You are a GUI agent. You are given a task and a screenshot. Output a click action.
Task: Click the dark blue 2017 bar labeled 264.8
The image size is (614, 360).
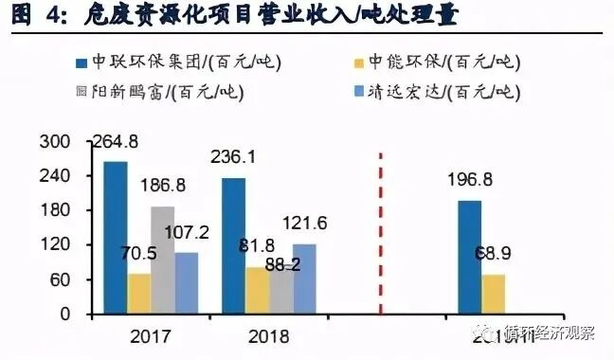coord(116,237)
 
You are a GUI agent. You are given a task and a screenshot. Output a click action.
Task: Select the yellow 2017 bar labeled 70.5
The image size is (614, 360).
coord(139,293)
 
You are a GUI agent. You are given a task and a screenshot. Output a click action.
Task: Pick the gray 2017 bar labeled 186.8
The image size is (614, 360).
coord(163,260)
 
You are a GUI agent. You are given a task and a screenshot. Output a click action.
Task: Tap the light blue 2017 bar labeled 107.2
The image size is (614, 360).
coord(187,282)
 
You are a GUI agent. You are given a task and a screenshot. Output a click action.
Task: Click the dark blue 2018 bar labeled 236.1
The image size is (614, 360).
coord(234,245)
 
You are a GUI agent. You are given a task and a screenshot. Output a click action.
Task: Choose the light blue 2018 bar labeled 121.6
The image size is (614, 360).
coord(304,279)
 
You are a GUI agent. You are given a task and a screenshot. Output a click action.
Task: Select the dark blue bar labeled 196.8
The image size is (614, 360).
coord(469,256)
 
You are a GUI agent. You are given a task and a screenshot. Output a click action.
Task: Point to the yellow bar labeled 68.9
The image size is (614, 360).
coord(493,293)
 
